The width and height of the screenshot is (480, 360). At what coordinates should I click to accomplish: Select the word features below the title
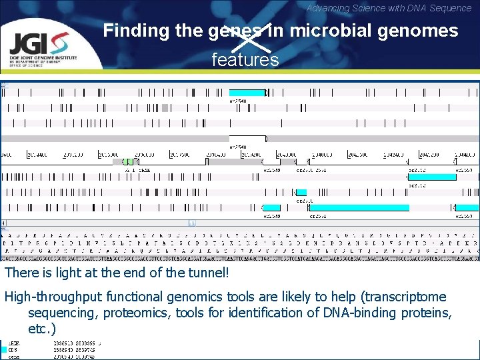pyautogui.click(x=245, y=60)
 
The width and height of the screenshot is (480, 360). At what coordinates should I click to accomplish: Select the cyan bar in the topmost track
pyautogui.click(x=247, y=93)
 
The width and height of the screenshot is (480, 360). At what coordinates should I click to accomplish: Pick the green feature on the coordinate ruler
pyautogui.click(x=124, y=161)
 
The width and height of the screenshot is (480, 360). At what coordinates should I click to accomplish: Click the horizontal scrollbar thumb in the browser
pyautogui.click(x=191, y=223)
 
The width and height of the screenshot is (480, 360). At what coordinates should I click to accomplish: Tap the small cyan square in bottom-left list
pyautogui.click(x=11, y=349)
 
